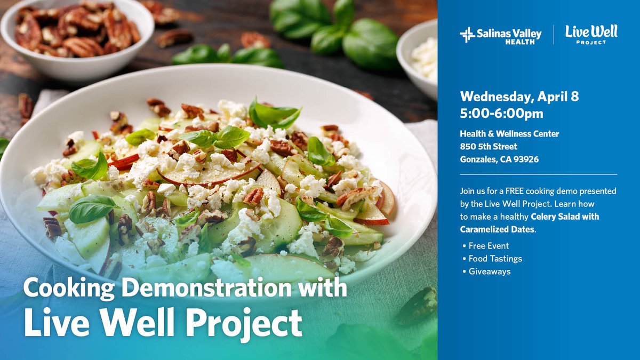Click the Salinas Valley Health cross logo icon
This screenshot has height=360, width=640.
point(467,35)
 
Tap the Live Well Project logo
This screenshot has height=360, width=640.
point(591,34)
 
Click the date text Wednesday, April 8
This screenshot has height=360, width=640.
point(519,97)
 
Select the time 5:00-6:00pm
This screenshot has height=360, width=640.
point(501,114)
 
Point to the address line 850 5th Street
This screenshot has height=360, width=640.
point(489,146)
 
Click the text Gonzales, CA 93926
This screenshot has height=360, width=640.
point(499,159)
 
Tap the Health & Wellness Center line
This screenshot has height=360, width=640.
point(509,133)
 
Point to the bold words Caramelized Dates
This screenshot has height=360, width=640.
point(497,229)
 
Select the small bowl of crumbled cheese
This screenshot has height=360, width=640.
point(419,56)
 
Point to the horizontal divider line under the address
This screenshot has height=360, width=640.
point(538,174)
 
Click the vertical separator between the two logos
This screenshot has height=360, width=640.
point(553,35)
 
